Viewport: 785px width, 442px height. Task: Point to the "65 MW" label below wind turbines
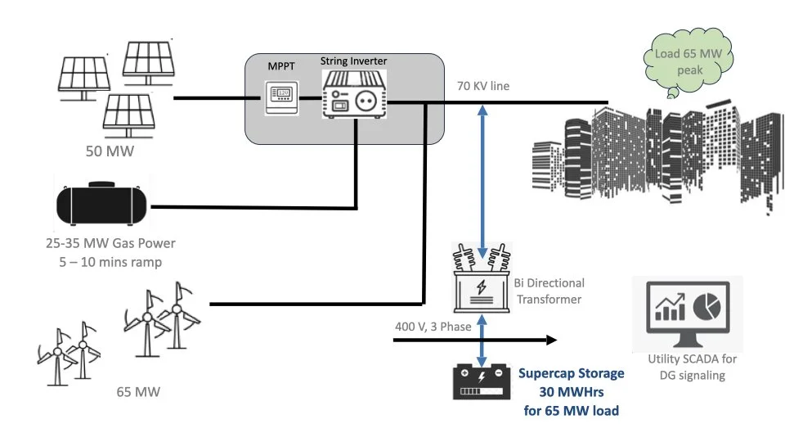point(138,392)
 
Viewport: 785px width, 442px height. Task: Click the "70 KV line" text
point(482,85)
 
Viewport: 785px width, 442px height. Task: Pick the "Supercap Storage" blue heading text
point(571,373)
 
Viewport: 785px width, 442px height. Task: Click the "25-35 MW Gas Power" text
point(111,243)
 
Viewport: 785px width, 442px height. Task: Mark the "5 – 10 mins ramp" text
point(111,261)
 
